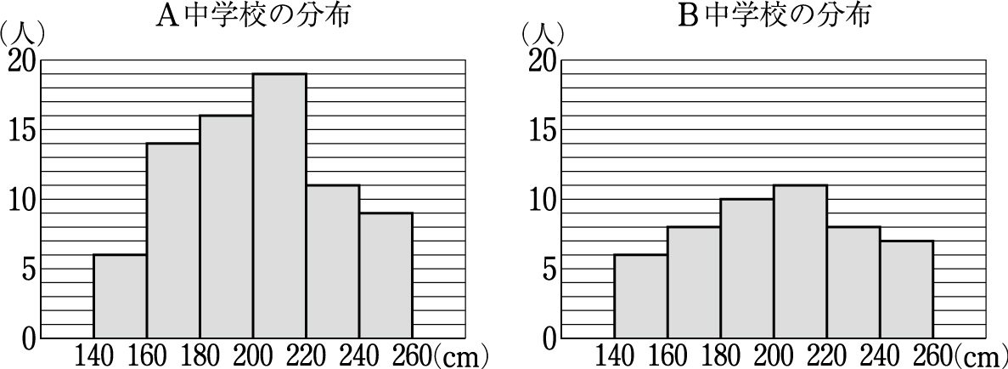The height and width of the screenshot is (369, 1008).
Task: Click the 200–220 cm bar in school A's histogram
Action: [x=279, y=206]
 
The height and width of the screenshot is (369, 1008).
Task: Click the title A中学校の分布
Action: [x=253, y=16]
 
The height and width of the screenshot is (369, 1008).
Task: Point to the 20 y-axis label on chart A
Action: [x=21, y=61]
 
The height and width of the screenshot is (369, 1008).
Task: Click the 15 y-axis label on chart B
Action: [x=542, y=130]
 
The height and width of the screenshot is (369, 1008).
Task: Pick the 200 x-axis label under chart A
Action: [x=252, y=354]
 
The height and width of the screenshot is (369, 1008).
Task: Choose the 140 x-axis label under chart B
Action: [x=614, y=354]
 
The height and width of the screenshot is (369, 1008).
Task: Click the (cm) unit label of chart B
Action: [x=980, y=354]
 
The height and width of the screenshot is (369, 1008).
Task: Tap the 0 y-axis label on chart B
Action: [x=548, y=338]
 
